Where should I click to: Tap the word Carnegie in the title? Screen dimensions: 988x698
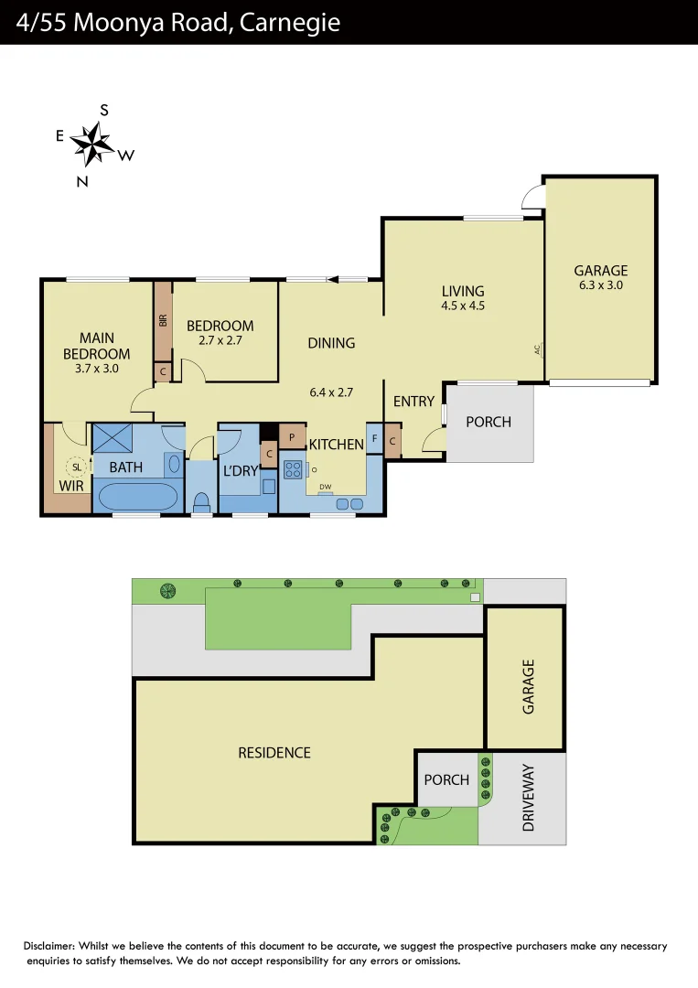click(x=290, y=22)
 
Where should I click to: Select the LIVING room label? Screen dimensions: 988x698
click(x=462, y=292)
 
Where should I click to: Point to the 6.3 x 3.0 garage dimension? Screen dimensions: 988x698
click(x=601, y=285)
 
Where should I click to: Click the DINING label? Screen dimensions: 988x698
click(x=331, y=343)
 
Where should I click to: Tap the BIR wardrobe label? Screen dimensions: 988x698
click(x=163, y=320)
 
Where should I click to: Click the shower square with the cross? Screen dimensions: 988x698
click(x=113, y=439)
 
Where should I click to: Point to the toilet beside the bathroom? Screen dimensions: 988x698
click(x=201, y=502)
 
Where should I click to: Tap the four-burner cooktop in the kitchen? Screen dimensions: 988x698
click(x=294, y=469)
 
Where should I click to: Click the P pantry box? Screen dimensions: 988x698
click(x=292, y=437)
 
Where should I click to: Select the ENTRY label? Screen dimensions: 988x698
click(x=413, y=402)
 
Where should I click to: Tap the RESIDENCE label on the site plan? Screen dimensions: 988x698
click(x=274, y=752)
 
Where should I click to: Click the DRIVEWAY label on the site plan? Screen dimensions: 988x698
click(x=528, y=798)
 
